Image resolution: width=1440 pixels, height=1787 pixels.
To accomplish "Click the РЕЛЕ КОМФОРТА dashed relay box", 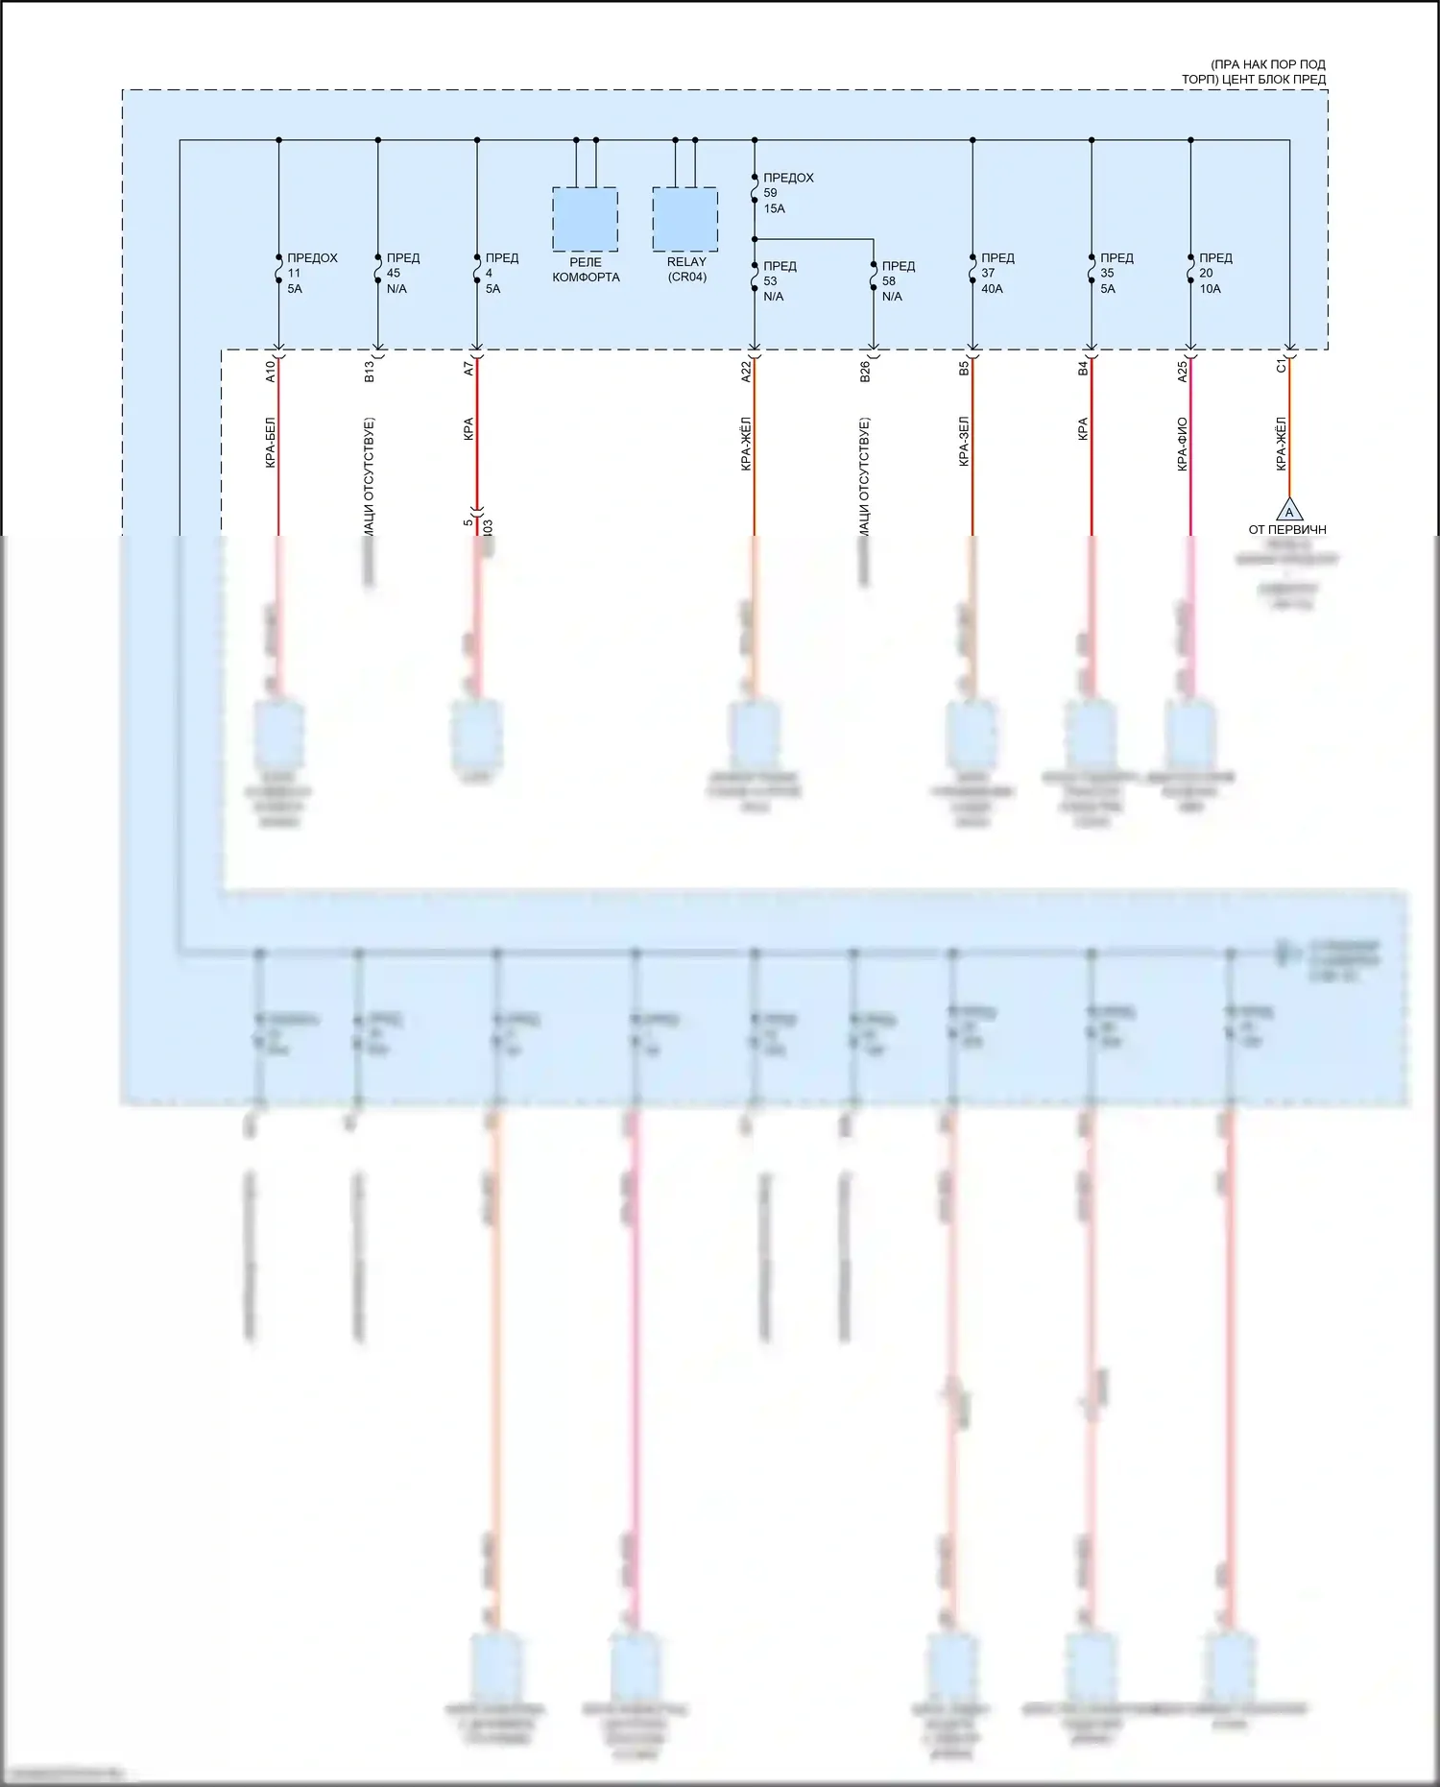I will (585, 219).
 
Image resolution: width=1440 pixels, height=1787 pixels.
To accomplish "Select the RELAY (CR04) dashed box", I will (684, 219).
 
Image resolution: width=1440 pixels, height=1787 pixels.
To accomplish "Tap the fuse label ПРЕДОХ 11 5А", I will (311, 274).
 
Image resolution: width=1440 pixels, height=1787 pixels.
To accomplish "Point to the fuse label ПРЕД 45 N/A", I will (401, 274).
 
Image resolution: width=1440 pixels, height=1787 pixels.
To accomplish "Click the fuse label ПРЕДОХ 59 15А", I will (786, 193).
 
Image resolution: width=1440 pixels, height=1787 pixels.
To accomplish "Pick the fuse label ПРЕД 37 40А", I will (996, 274).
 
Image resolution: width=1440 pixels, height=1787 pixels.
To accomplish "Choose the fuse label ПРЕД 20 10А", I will (1214, 274).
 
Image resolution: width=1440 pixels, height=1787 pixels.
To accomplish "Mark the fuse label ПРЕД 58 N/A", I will (897, 281).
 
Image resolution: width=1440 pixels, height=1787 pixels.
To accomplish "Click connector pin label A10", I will (271, 372).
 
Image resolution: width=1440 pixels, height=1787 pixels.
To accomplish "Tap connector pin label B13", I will (370, 372).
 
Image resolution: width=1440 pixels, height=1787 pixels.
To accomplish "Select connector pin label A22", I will (746, 372).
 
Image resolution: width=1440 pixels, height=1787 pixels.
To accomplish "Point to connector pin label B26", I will (865, 372).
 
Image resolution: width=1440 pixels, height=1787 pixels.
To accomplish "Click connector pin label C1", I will (1281, 367).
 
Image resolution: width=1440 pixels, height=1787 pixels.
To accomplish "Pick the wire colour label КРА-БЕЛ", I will (271, 443).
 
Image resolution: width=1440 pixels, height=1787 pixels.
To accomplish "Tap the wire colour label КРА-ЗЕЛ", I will (964, 443).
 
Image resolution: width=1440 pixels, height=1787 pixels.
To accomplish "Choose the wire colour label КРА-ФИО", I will (1182, 443).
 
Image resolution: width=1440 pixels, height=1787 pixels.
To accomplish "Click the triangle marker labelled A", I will (1289, 510).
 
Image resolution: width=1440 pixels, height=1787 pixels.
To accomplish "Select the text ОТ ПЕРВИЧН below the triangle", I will (1287, 529).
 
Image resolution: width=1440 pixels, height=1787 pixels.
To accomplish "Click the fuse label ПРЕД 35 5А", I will (1116, 274).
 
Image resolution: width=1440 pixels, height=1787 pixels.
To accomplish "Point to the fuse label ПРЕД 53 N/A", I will (779, 281).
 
